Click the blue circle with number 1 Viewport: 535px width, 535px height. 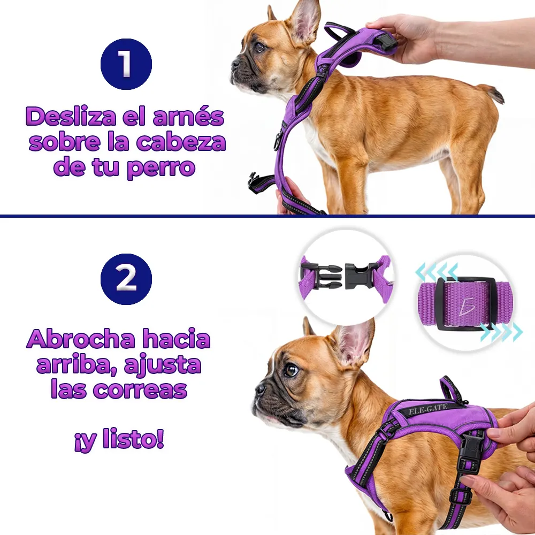coord(126,64)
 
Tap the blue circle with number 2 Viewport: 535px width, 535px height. coord(126,279)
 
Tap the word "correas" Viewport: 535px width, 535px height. coord(140,389)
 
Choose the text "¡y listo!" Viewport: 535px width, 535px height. coord(119,439)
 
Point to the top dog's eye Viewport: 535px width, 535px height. coord(260,47)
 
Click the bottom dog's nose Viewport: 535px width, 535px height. coord(261,388)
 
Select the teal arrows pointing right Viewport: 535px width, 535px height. coord(501,332)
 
